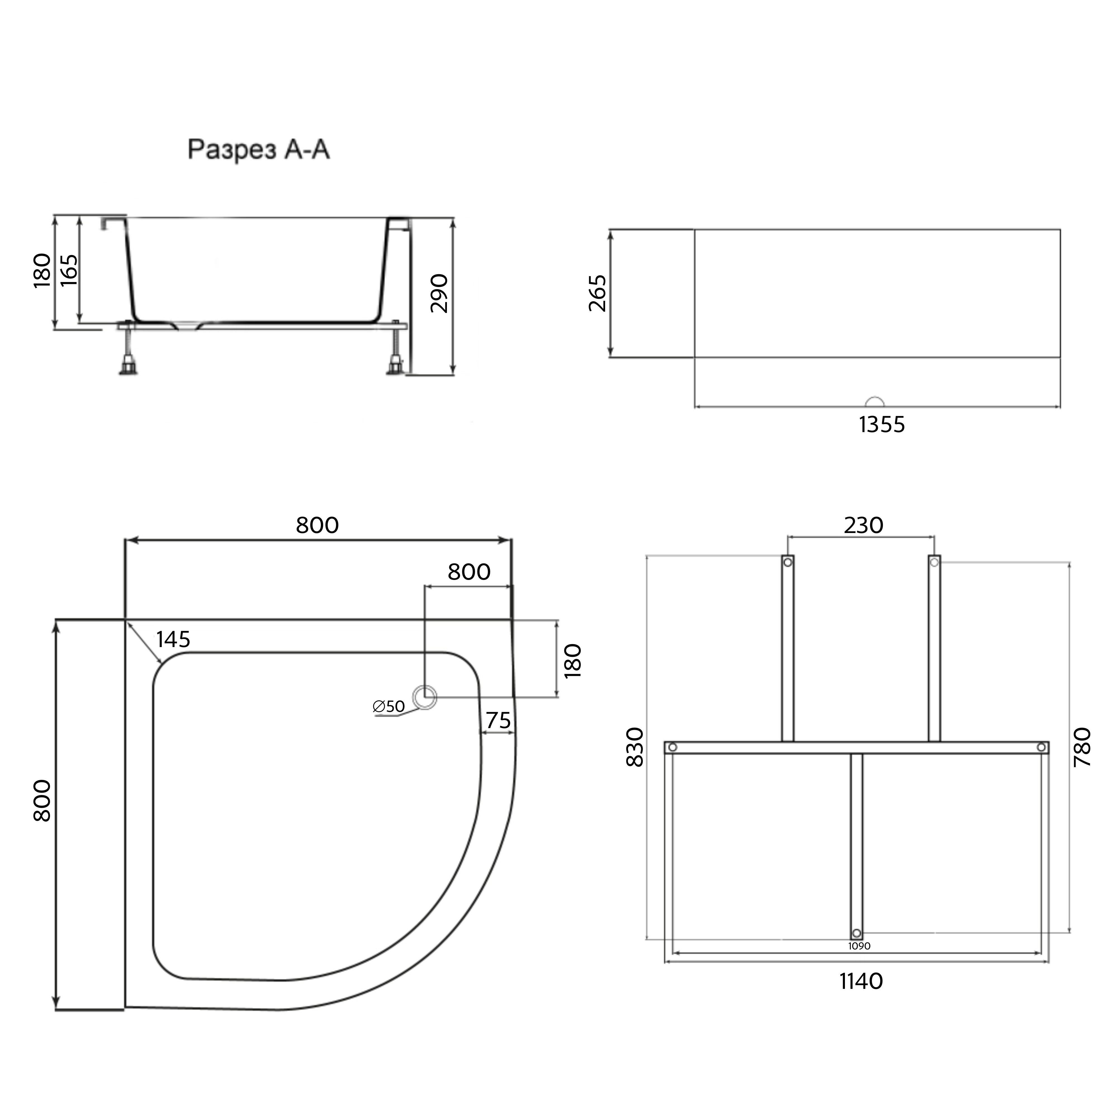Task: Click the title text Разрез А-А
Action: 259,149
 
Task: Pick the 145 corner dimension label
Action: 173,639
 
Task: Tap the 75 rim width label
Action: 498,721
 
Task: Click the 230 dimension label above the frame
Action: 863,525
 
